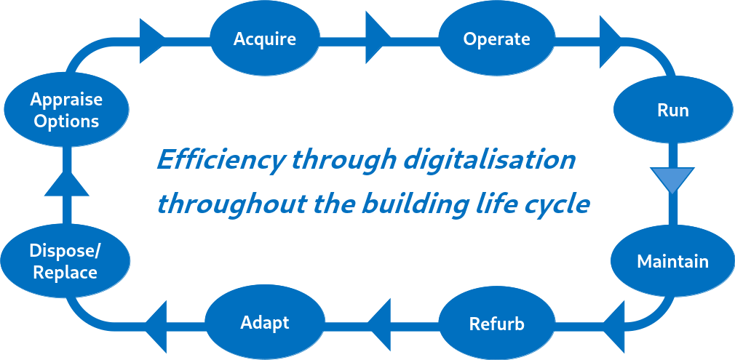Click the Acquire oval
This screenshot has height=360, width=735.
265,39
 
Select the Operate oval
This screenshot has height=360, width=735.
496,39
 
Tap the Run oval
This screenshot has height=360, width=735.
672,111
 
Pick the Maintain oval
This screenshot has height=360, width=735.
672,261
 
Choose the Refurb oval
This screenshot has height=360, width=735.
496,323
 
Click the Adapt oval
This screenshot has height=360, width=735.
265,323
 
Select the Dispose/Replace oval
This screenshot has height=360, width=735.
65,262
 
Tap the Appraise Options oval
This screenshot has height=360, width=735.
66,111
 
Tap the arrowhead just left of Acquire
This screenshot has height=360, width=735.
150,39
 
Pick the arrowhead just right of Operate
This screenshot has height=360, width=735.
610,39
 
